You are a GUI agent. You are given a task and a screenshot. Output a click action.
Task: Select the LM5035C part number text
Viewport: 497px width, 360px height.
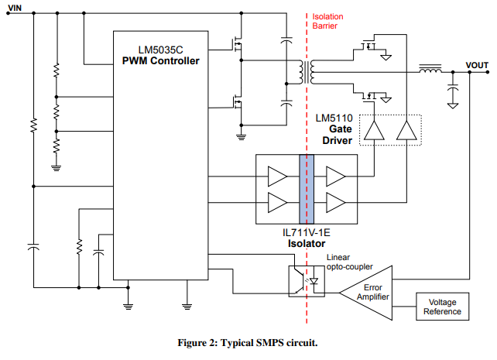159,48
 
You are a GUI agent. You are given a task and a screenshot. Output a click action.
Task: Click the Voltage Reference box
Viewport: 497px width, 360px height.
444,307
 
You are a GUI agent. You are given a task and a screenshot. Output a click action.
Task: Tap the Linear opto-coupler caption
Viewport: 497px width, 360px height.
349,262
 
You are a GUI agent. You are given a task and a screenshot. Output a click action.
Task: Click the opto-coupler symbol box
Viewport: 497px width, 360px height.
304,280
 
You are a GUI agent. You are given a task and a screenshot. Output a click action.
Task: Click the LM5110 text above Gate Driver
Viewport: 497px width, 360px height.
334,118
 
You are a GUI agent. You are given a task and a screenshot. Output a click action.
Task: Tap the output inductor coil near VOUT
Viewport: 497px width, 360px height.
430,71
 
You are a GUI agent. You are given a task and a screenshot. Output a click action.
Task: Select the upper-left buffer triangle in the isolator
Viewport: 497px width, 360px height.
276,175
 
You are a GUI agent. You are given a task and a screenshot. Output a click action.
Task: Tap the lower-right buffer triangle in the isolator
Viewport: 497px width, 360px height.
336,202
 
